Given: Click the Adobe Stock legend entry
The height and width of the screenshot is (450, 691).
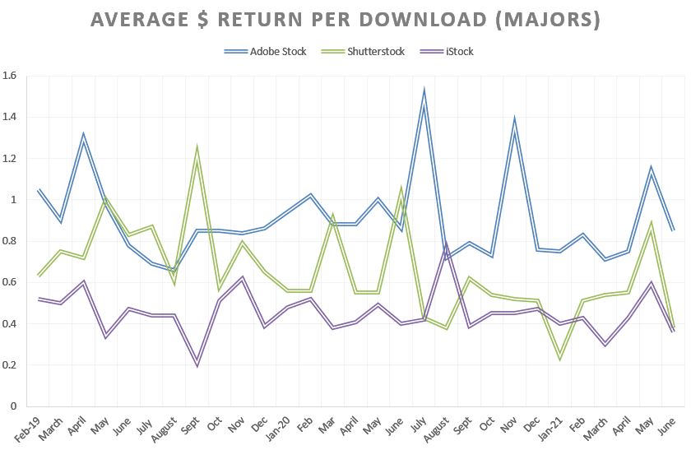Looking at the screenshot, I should pyautogui.click(x=266, y=52).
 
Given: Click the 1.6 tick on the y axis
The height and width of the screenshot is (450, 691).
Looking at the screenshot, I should pyautogui.click(x=12, y=76).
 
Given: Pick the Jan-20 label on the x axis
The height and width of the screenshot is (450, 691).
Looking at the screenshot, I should pyautogui.click(x=281, y=424).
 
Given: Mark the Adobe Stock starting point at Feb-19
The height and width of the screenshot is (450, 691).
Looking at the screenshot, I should pyautogui.click(x=39, y=190).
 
